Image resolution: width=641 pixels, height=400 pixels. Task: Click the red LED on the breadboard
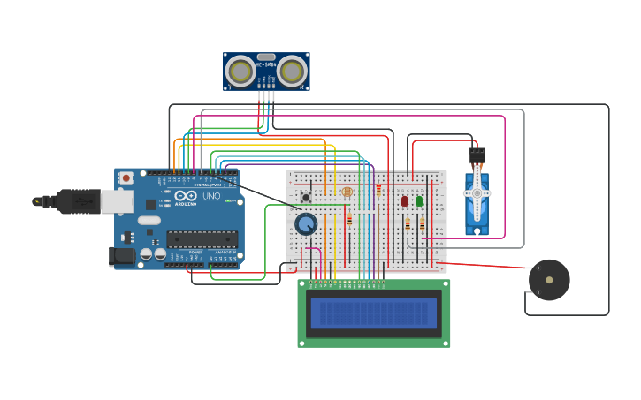pyautogui.click(x=405, y=200)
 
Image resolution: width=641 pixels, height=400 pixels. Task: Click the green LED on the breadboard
pyautogui.click(x=419, y=200)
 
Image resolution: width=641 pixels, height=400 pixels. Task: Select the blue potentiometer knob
pyautogui.click(x=306, y=224)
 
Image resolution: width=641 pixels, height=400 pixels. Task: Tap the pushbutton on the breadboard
pyautogui.click(x=306, y=196)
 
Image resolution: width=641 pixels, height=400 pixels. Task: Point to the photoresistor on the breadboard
pyautogui.click(x=347, y=192)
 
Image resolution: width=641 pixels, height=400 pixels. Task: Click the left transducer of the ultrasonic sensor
pyautogui.click(x=240, y=71)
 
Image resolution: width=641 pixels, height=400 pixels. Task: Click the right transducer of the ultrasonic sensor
pyautogui.click(x=291, y=71)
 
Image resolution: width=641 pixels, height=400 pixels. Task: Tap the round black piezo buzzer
pyautogui.click(x=549, y=280)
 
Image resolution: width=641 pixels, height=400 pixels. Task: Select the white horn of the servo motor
pyautogui.click(x=477, y=194)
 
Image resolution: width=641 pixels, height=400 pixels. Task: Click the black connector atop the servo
pyautogui.click(x=477, y=155)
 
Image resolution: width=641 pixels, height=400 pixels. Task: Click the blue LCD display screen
pyautogui.click(x=373, y=313)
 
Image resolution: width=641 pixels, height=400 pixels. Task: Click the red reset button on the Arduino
pyautogui.click(x=126, y=177)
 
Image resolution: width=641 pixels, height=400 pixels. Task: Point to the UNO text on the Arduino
pyautogui.click(x=211, y=196)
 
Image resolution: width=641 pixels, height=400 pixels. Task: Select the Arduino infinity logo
pyautogui.click(x=184, y=195)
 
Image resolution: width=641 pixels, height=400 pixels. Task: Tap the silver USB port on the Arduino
pyautogui.click(x=117, y=202)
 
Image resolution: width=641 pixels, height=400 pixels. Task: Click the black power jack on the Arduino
pyautogui.click(x=122, y=256)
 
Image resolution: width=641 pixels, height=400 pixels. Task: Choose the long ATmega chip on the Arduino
pyautogui.click(x=202, y=238)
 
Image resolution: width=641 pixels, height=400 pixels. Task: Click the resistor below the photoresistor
pyautogui.click(x=349, y=219)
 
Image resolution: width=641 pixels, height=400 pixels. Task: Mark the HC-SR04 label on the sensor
pyautogui.click(x=266, y=64)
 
